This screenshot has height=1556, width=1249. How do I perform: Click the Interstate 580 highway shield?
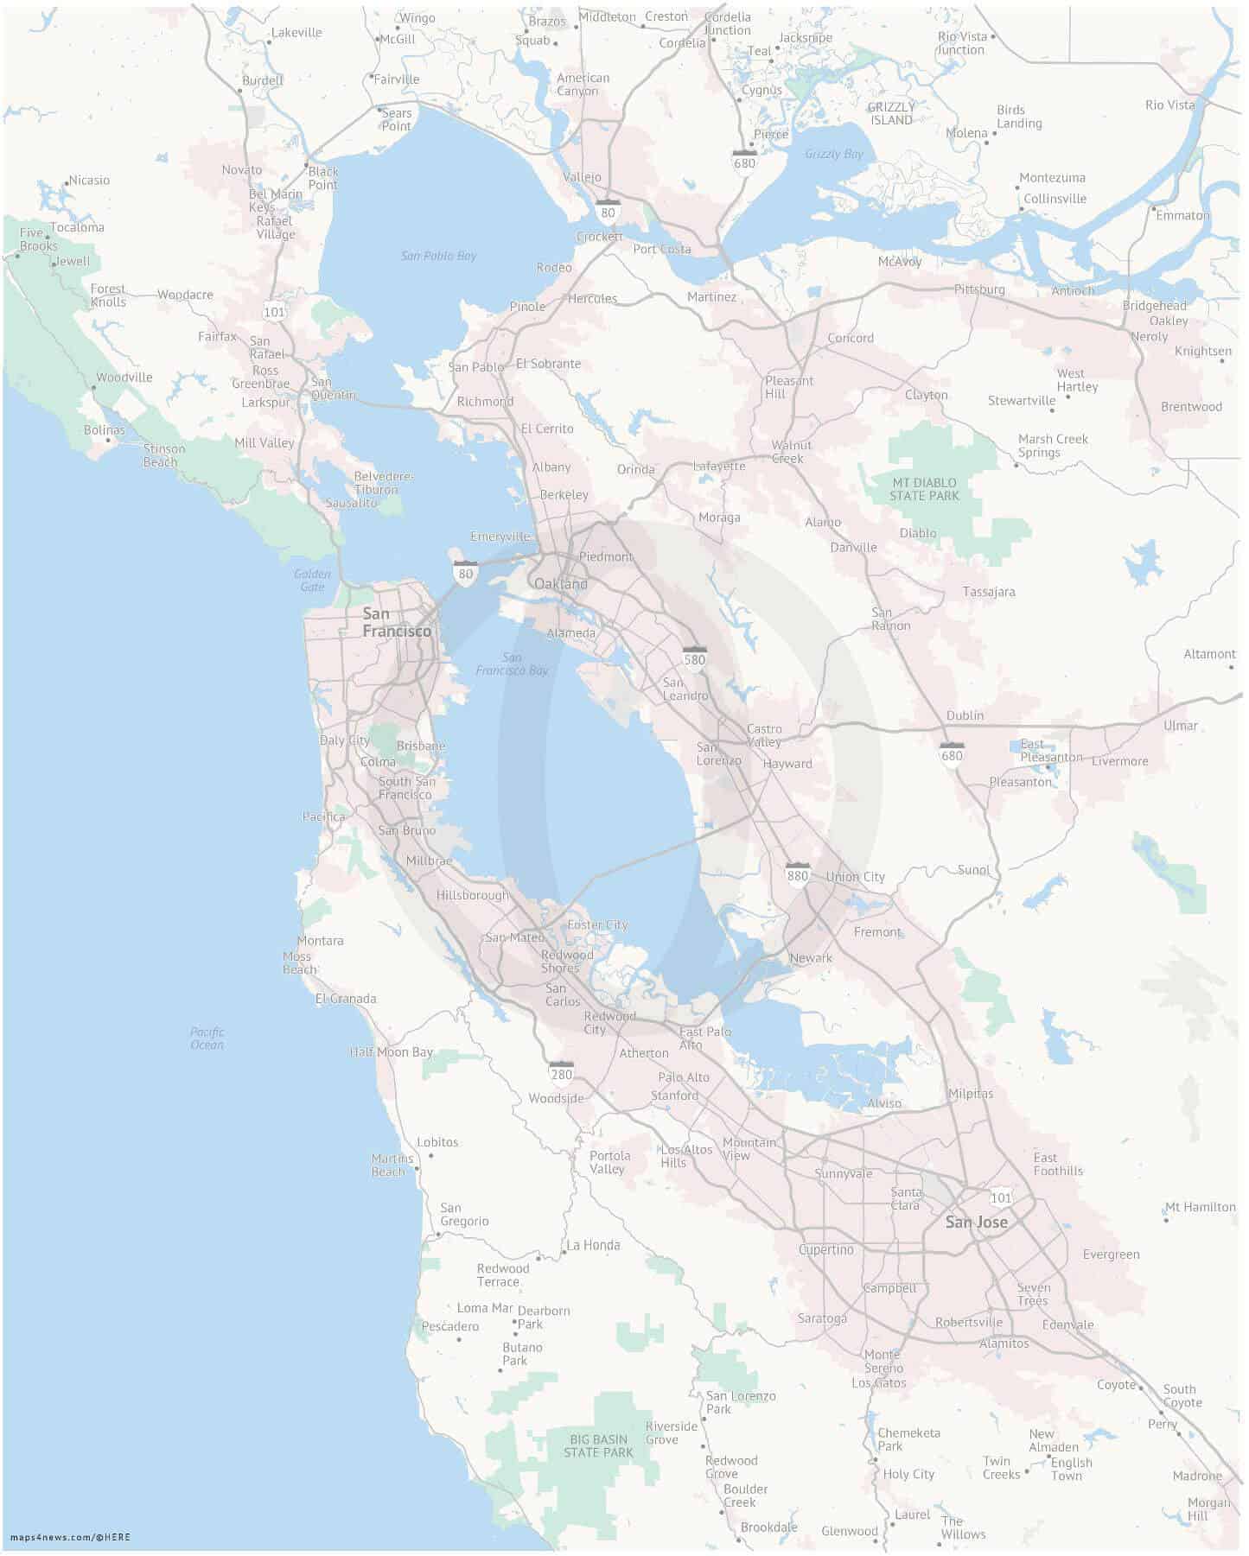[694, 657]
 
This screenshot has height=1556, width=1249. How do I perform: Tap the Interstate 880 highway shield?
[797, 873]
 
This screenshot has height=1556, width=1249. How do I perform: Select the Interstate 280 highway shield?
[561, 1072]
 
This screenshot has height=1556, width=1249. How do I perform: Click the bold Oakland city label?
[560, 584]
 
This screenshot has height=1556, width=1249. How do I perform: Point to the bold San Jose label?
[976, 1222]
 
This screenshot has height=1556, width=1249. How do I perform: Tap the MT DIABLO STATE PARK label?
[924, 489]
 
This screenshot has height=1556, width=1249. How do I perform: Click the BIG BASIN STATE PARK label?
[598, 1446]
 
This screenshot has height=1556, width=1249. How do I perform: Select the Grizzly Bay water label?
[833, 154]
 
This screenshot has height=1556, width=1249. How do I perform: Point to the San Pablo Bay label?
[438, 256]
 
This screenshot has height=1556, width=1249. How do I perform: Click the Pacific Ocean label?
[207, 1038]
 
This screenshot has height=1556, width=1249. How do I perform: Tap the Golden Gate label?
[312, 580]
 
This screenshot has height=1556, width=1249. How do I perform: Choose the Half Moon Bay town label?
[391, 1051]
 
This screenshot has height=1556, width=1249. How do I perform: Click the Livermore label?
[1119, 761]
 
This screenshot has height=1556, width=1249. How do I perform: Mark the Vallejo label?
[582, 177]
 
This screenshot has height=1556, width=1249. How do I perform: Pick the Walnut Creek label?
[791, 452]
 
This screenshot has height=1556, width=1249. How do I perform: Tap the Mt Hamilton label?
[1200, 1207]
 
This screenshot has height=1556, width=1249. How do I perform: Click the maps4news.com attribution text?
[69, 1537]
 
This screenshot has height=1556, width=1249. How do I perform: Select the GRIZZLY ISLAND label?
[891, 113]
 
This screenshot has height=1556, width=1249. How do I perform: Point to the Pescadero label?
[449, 1326]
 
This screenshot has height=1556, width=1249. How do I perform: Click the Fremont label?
[876, 932]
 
